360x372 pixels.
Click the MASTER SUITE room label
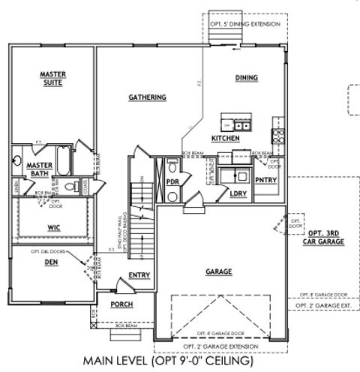tap(53, 79)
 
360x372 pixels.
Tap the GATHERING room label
tap(147, 97)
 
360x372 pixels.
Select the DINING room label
tap(247, 78)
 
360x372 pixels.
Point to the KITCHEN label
tap(225, 139)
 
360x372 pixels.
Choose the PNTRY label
tap(265, 180)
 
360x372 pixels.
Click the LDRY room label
tap(239, 193)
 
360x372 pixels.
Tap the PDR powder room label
tap(171, 181)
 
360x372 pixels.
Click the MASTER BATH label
tap(38, 169)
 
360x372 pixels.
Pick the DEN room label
tap(51, 262)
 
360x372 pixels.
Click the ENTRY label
tap(139, 275)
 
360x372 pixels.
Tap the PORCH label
tap(121, 304)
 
